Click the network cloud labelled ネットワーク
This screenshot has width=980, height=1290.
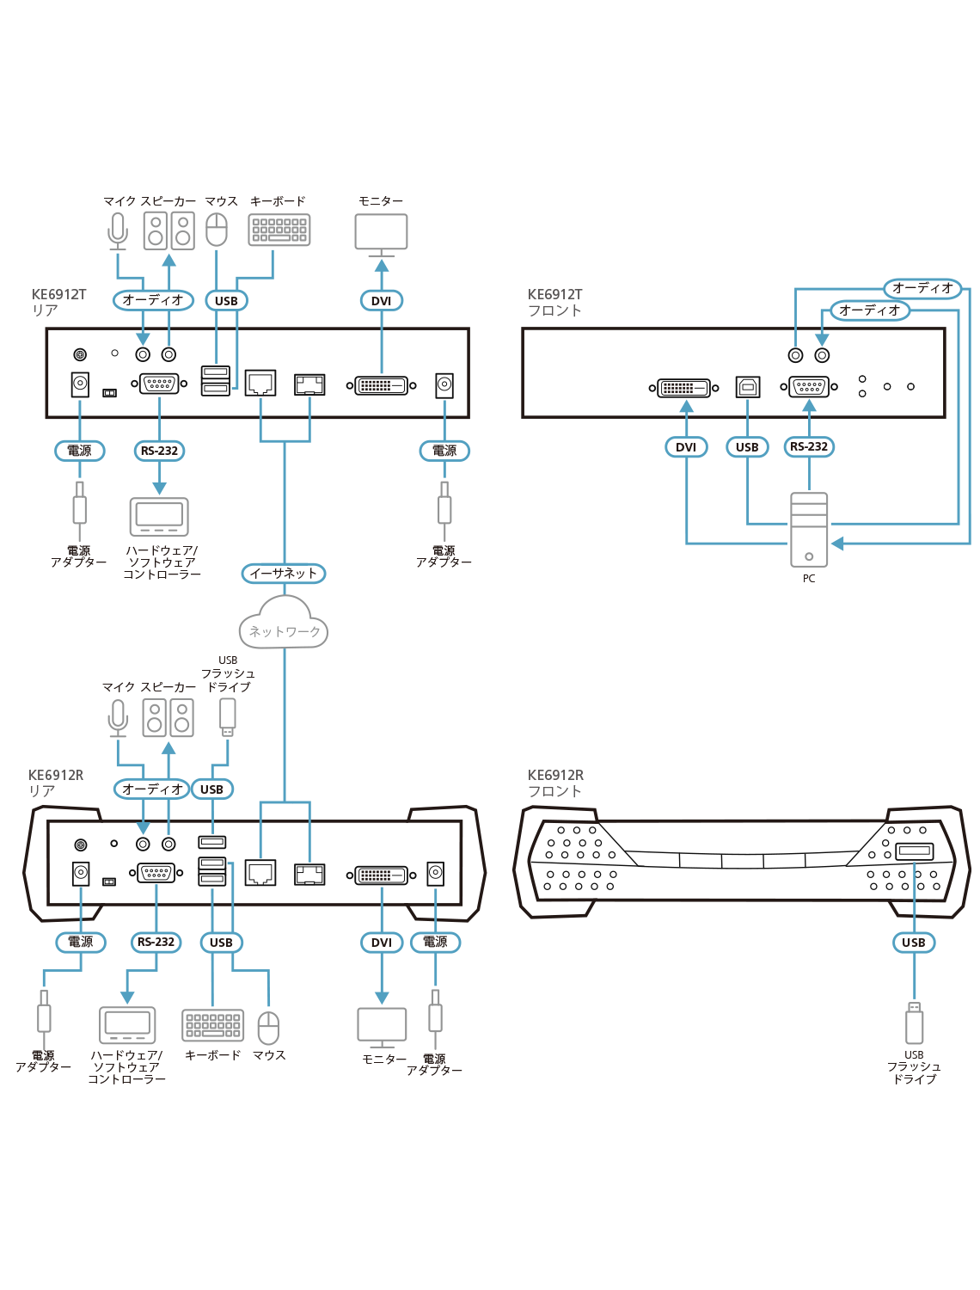pyautogui.click(x=284, y=624)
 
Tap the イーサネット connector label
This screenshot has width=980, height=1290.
pyautogui.click(x=284, y=574)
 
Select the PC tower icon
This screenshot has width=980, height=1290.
pyautogui.click(x=809, y=530)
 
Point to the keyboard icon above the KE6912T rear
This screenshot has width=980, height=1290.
pyautogui.click(x=279, y=230)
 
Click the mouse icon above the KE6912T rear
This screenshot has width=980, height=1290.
pyautogui.click(x=217, y=230)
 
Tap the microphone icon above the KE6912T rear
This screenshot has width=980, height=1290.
pyautogui.click(x=118, y=230)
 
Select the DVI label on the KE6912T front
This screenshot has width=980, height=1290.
pyautogui.click(x=686, y=447)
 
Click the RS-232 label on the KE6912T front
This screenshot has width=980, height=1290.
pyautogui.click(x=809, y=447)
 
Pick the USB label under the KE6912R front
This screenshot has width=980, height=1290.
pyautogui.click(x=914, y=943)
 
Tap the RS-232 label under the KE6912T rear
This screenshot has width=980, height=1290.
pyautogui.click(x=159, y=451)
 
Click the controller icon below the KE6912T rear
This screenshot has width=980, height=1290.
pyautogui.click(x=159, y=516)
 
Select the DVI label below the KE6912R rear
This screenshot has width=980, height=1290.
pyautogui.click(x=382, y=943)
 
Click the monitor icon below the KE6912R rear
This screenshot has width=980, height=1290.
pyautogui.click(x=382, y=1025)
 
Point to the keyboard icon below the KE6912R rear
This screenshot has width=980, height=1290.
pyautogui.click(x=213, y=1025)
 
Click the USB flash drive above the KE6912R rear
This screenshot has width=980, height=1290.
pyautogui.click(x=227, y=716)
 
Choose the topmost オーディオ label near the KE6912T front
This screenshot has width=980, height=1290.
pyautogui.click(x=922, y=288)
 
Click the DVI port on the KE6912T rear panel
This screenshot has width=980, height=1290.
pyautogui.click(x=382, y=385)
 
